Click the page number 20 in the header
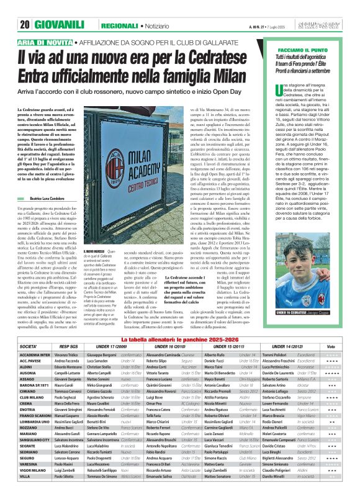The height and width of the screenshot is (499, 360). (25, 8)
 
